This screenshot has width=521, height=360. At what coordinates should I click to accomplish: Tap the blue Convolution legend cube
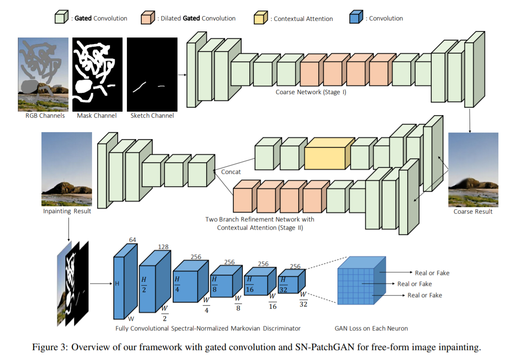356,18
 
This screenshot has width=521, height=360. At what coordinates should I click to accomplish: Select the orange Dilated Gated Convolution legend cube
147,18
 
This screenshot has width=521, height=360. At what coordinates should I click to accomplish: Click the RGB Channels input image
43,75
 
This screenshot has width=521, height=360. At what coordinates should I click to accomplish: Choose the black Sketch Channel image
152,75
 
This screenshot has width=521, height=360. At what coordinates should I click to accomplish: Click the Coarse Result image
473,170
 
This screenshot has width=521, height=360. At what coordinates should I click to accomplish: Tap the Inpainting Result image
67,169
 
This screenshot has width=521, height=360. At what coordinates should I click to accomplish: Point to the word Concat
231,172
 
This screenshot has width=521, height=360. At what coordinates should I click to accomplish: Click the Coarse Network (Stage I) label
310,92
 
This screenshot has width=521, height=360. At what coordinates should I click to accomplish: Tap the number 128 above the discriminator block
163,247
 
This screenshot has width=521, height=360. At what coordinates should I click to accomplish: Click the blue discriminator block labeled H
119,288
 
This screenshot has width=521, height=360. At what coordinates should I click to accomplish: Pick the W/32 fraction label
303,300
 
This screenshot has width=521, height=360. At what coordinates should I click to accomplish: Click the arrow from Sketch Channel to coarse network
182,75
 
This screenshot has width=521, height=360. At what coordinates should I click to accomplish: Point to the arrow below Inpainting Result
68,228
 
